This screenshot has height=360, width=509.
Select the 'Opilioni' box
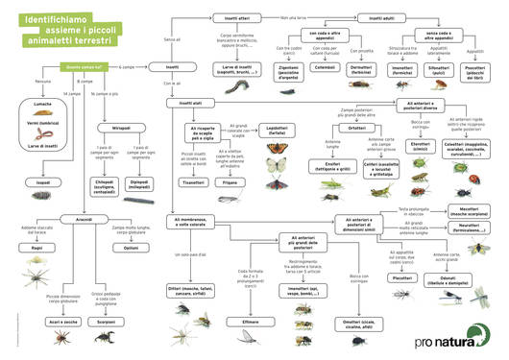(132, 247)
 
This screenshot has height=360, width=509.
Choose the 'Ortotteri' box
(357, 128)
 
